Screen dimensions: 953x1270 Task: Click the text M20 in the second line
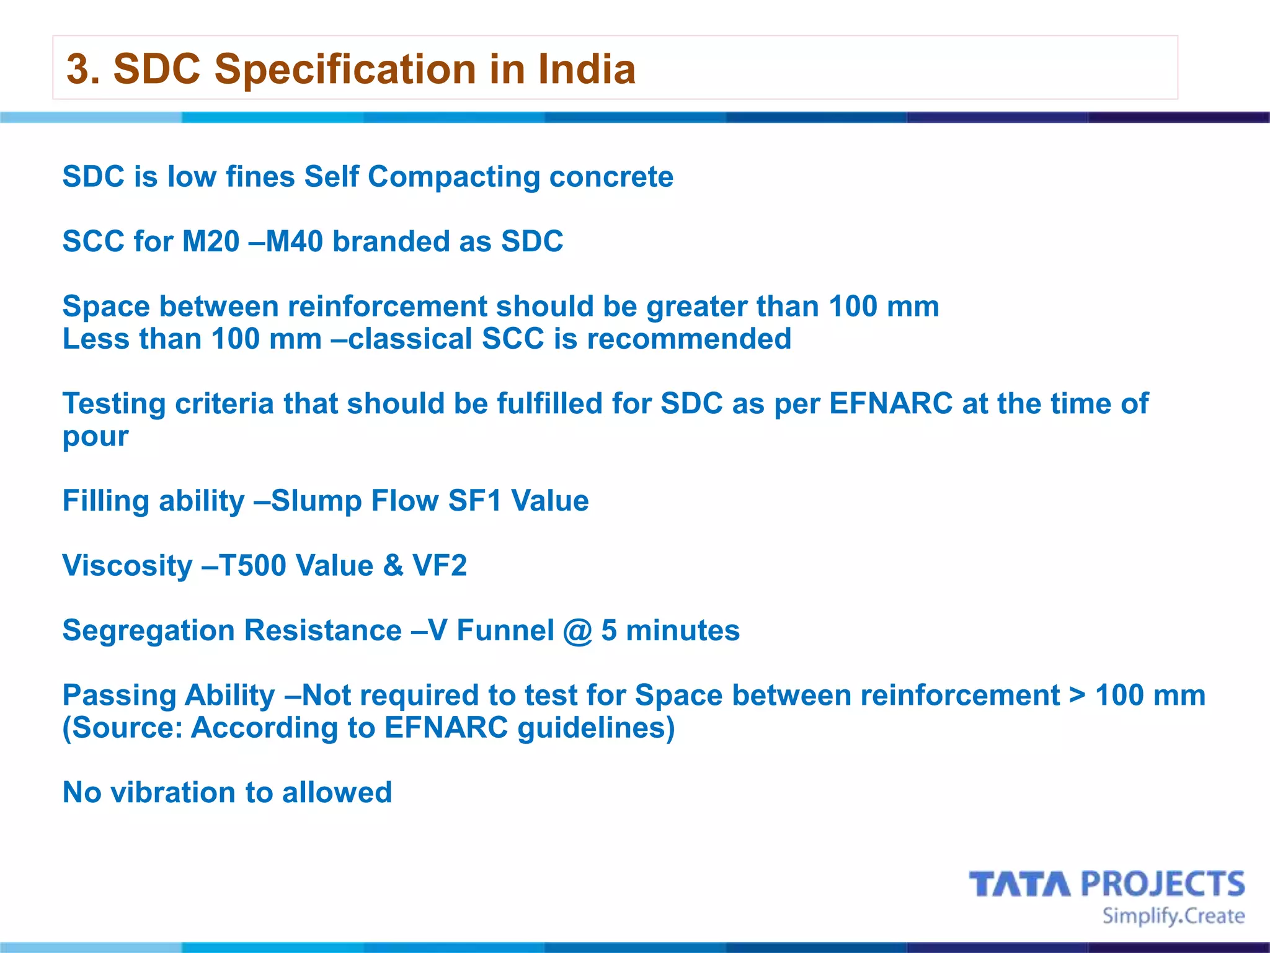(x=211, y=241)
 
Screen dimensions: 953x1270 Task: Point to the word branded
(x=391, y=241)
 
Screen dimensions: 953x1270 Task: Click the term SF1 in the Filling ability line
(x=474, y=501)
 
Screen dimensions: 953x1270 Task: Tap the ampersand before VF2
(x=393, y=565)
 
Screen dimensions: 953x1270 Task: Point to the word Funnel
(x=505, y=630)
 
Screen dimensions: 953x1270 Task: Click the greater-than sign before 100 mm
(x=1078, y=696)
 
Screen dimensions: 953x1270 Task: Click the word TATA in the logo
(x=1020, y=884)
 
